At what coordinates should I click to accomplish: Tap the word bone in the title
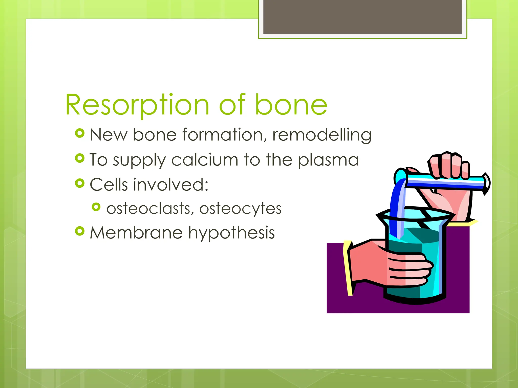(291, 105)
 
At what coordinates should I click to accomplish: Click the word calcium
(205, 160)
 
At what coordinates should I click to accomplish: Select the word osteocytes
(240, 209)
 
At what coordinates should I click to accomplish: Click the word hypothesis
(231, 233)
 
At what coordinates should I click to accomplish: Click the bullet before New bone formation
(80, 133)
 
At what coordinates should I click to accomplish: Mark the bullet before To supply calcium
(80, 158)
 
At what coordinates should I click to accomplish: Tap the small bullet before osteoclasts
(96, 207)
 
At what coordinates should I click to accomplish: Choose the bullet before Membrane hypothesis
(80, 231)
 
